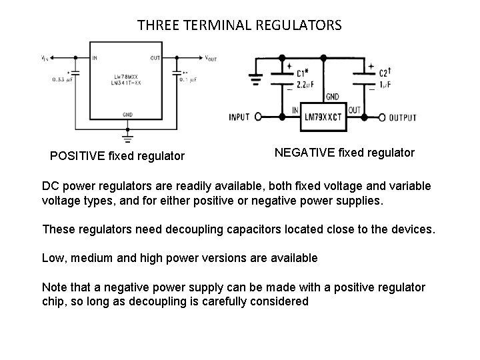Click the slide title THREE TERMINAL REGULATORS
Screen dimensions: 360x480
coord(239,26)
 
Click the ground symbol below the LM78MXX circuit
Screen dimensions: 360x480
coord(127,137)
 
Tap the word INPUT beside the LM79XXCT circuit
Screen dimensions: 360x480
coord(239,117)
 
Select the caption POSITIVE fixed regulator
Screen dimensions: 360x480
coord(117,157)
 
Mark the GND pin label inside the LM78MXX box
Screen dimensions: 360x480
coord(127,114)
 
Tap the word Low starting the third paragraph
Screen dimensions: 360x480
coord(53,258)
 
